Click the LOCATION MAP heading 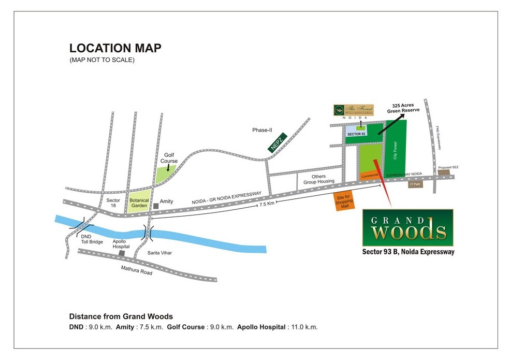[x=115, y=48]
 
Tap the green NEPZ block [x=277, y=142]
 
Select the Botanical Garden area [x=139, y=203]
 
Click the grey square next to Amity [x=155, y=206]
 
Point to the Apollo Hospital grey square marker [x=121, y=253]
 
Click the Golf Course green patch [x=166, y=173]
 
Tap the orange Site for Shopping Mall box [x=343, y=201]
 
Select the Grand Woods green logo [x=407, y=227]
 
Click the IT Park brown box [x=415, y=184]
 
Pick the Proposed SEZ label [x=448, y=167]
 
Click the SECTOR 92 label [x=357, y=134]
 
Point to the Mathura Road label [x=137, y=269]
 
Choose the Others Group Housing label [x=318, y=179]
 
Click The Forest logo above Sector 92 [x=353, y=110]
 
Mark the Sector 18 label [x=113, y=203]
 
